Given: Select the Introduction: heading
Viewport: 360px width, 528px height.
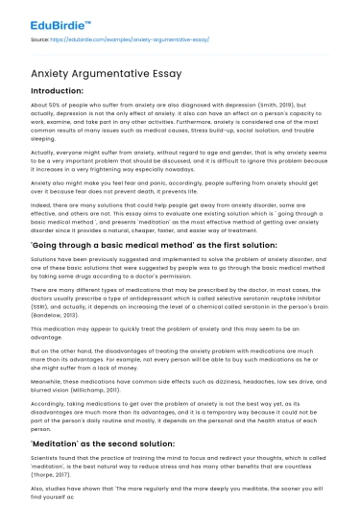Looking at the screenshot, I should pyautogui.click(x=57, y=87).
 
